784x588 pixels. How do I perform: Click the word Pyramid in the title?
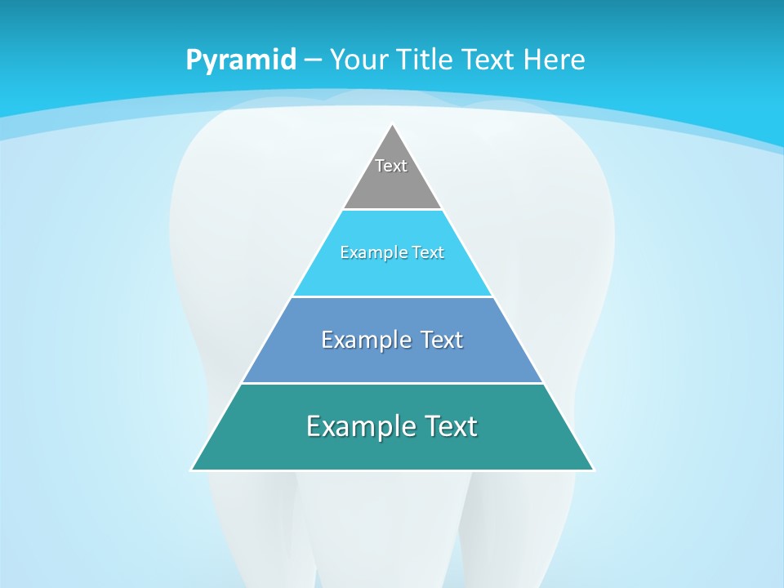(240, 60)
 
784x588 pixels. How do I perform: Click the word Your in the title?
(358, 60)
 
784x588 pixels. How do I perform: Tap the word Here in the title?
(555, 60)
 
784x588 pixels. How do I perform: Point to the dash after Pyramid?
(312, 60)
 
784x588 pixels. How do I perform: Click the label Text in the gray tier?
(391, 166)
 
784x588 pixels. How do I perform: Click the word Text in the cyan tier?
(429, 252)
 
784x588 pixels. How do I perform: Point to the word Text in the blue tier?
(441, 340)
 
